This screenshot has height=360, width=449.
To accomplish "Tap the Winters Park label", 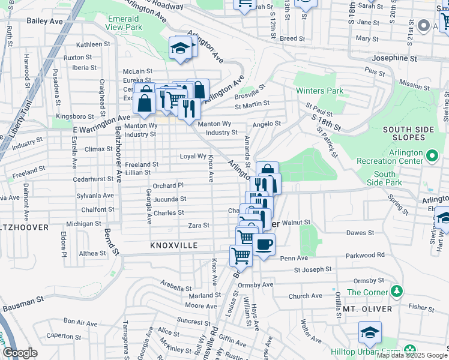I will tap(320, 91).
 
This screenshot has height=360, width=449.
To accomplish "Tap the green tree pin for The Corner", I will tap(396, 292).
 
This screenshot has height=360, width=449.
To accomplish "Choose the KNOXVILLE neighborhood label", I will tap(173, 246).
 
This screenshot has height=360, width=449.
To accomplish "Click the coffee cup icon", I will tap(264, 245).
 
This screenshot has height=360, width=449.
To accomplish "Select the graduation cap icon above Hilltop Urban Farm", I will tap(370, 332).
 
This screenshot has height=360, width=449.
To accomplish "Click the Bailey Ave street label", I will tap(45, 20).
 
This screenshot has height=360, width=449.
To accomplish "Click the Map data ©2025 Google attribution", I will tap(411, 355).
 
